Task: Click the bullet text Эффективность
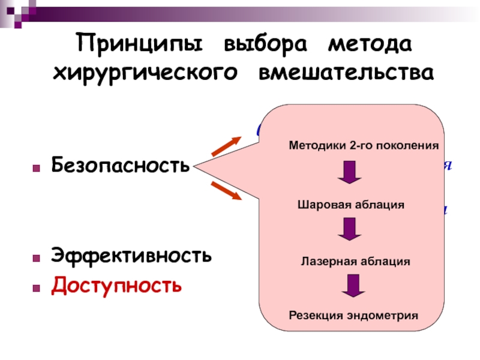point(131,256)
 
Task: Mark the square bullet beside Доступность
point(37,286)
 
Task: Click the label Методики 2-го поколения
point(364,146)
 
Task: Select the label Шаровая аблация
point(351,205)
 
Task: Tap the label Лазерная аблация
point(355,262)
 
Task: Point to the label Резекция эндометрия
point(353,315)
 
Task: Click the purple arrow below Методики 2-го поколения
point(349,173)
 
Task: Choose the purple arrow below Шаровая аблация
point(349,230)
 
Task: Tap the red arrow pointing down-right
point(226,190)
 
